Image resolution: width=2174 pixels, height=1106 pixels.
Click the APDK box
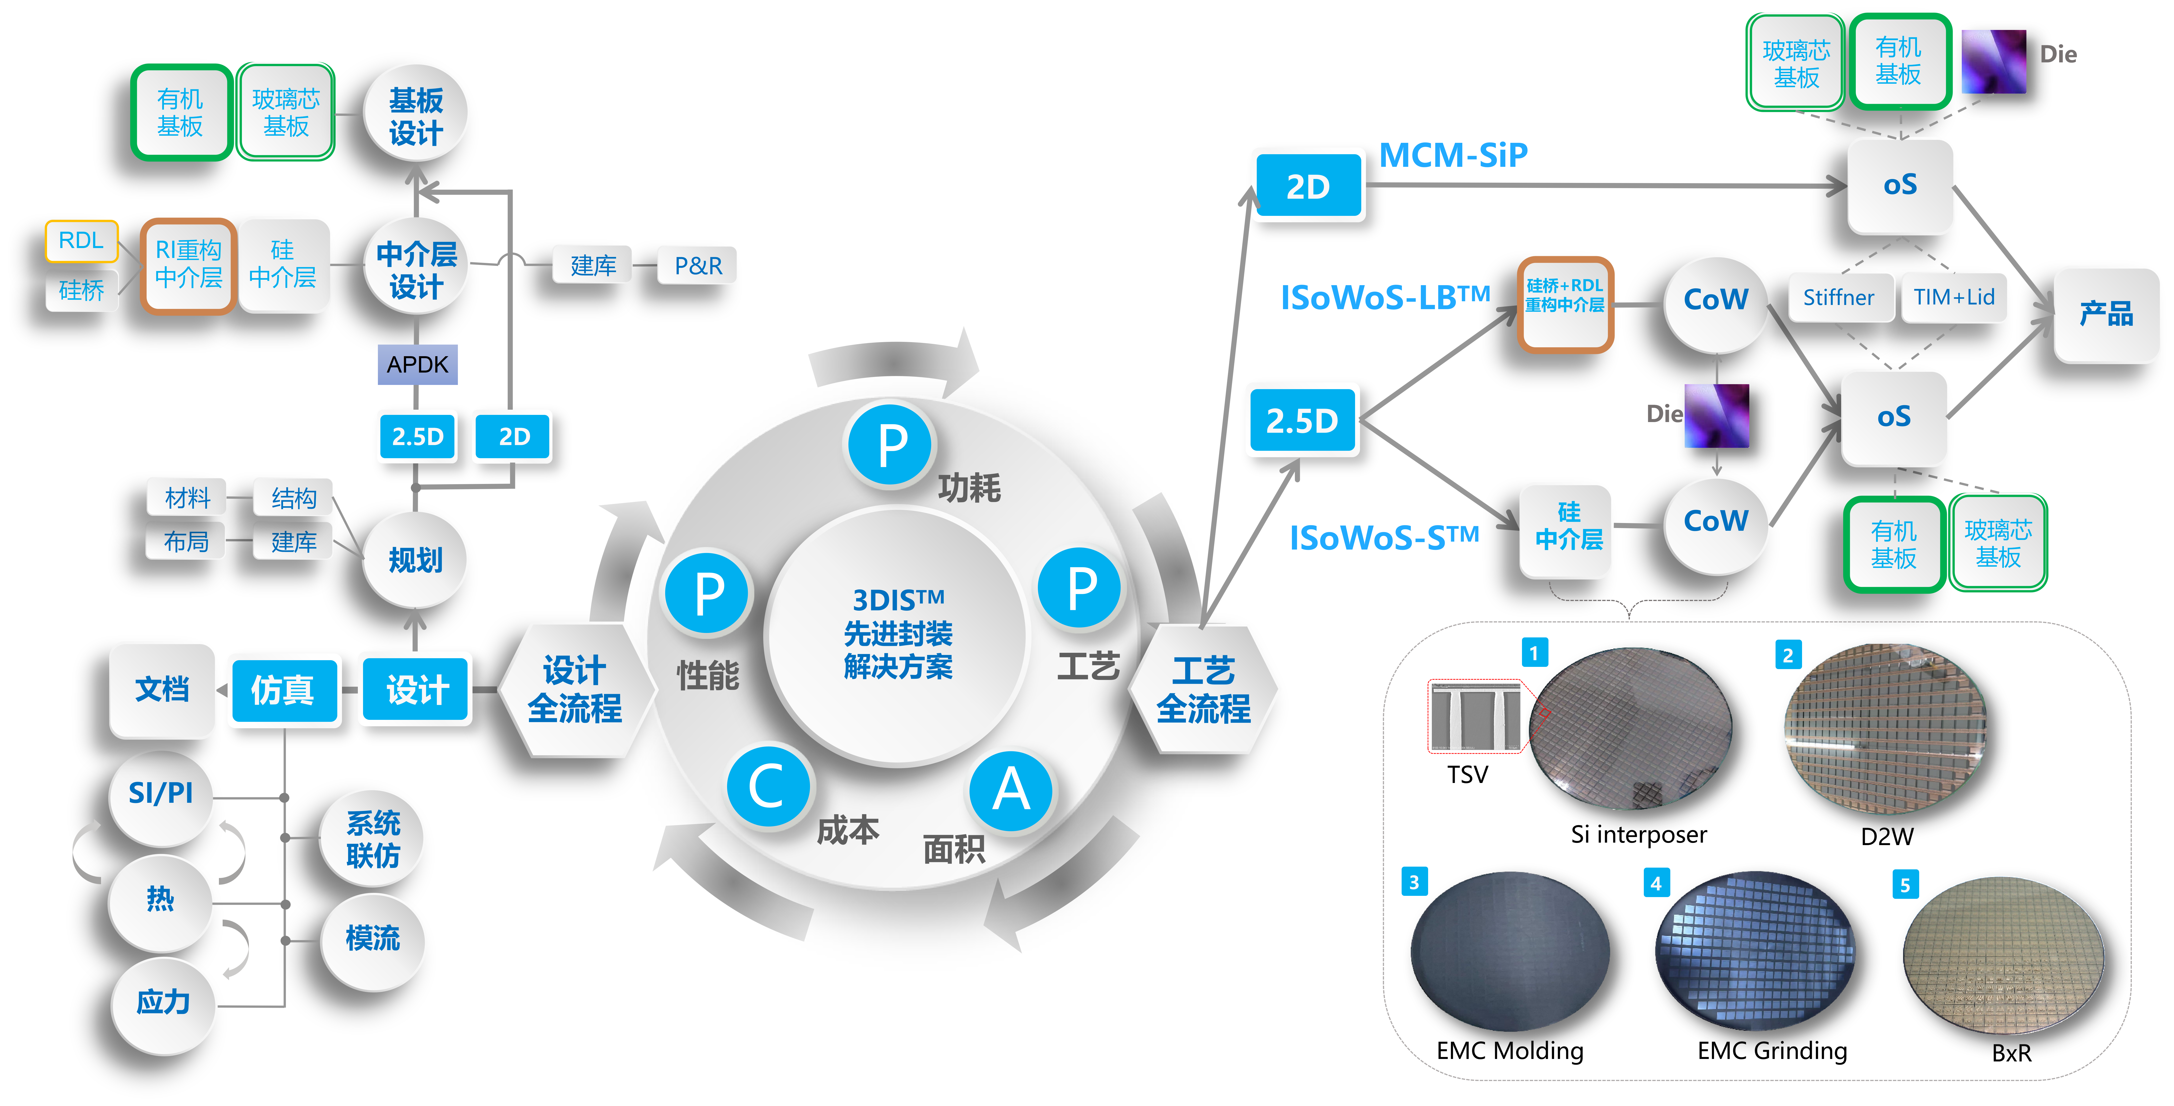[x=418, y=364]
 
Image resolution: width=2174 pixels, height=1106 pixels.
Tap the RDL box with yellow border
[x=81, y=240]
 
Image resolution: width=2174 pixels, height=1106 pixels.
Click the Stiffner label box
[x=1839, y=297]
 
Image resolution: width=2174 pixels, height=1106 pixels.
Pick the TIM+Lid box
[x=1954, y=297]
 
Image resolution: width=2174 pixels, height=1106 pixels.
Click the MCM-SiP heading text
[x=1452, y=155]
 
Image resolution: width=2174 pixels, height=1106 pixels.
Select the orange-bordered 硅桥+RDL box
[x=1566, y=304]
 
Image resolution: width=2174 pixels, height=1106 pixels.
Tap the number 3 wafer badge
[x=1414, y=881]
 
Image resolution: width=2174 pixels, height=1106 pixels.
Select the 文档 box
[x=162, y=689]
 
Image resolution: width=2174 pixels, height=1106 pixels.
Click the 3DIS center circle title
[x=898, y=633]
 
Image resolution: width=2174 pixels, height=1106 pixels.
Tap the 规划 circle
[x=415, y=559]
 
